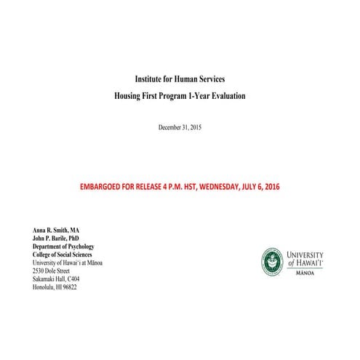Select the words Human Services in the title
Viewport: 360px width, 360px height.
tap(201, 78)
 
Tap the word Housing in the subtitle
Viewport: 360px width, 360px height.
tap(130, 95)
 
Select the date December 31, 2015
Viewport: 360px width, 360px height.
tap(180, 127)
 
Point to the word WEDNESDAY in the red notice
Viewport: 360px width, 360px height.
tap(239, 187)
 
